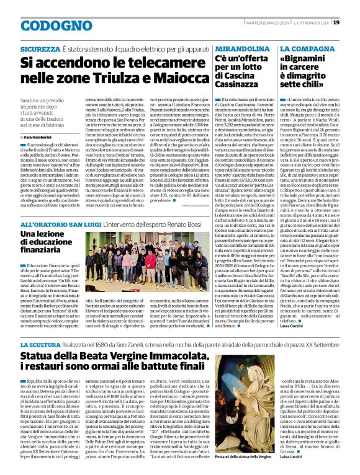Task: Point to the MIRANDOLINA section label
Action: [239, 47]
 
